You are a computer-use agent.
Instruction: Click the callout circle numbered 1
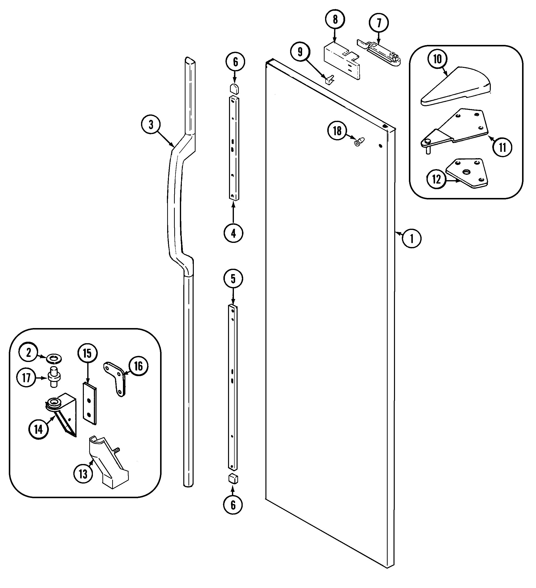(x=412, y=238)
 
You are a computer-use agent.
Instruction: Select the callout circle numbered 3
(x=151, y=125)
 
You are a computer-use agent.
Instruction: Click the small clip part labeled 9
(x=329, y=79)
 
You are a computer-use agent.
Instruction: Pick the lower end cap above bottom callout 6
(x=233, y=479)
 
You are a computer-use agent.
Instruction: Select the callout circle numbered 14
(x=39, y=430)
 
